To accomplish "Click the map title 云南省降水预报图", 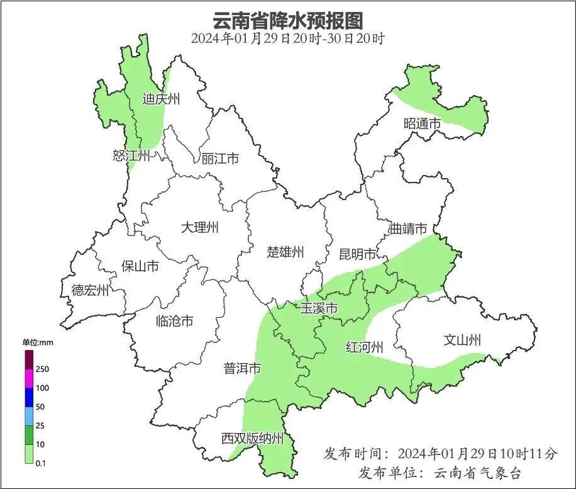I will pyautogui.click(x=288, y=20).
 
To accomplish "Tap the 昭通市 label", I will pyautogui.click(x=423, y=124).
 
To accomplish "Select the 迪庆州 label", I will pyautogui.click(x=161, y=99).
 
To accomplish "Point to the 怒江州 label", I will pyautogui.click(x=131, y=156).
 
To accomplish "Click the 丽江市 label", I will pyautogui.click(x=220, y=159).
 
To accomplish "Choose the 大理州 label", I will pyautogui.click(x=199, y=227).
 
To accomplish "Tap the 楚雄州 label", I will pyautogui.click(x=285, y=252).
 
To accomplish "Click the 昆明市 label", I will pyautogui.click(x=357, y=254).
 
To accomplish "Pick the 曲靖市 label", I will pyautogui.click(x=408, y=228).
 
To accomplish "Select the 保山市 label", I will pyautogui.click(x=140, y=266).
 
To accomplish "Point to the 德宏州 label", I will pyautogui.click(x=90, y=290).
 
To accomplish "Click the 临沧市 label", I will pyautogui.click(x=174, y=321).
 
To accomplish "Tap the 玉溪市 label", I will pyautogui.click(x=319, y=309).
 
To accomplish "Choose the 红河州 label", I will pyautogui.click(x=365, y=347).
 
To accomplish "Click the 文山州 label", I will pyautogui.click(x=462, y=340).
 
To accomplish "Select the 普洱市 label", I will pyautogui.click(x=242, y=369).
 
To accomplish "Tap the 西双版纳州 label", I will pyautogui.click(x=252, y=439).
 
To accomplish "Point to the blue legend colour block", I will pyautogui.click(x=29, y=397).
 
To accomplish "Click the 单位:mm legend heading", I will pyautogui.click(x=40, y=342).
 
